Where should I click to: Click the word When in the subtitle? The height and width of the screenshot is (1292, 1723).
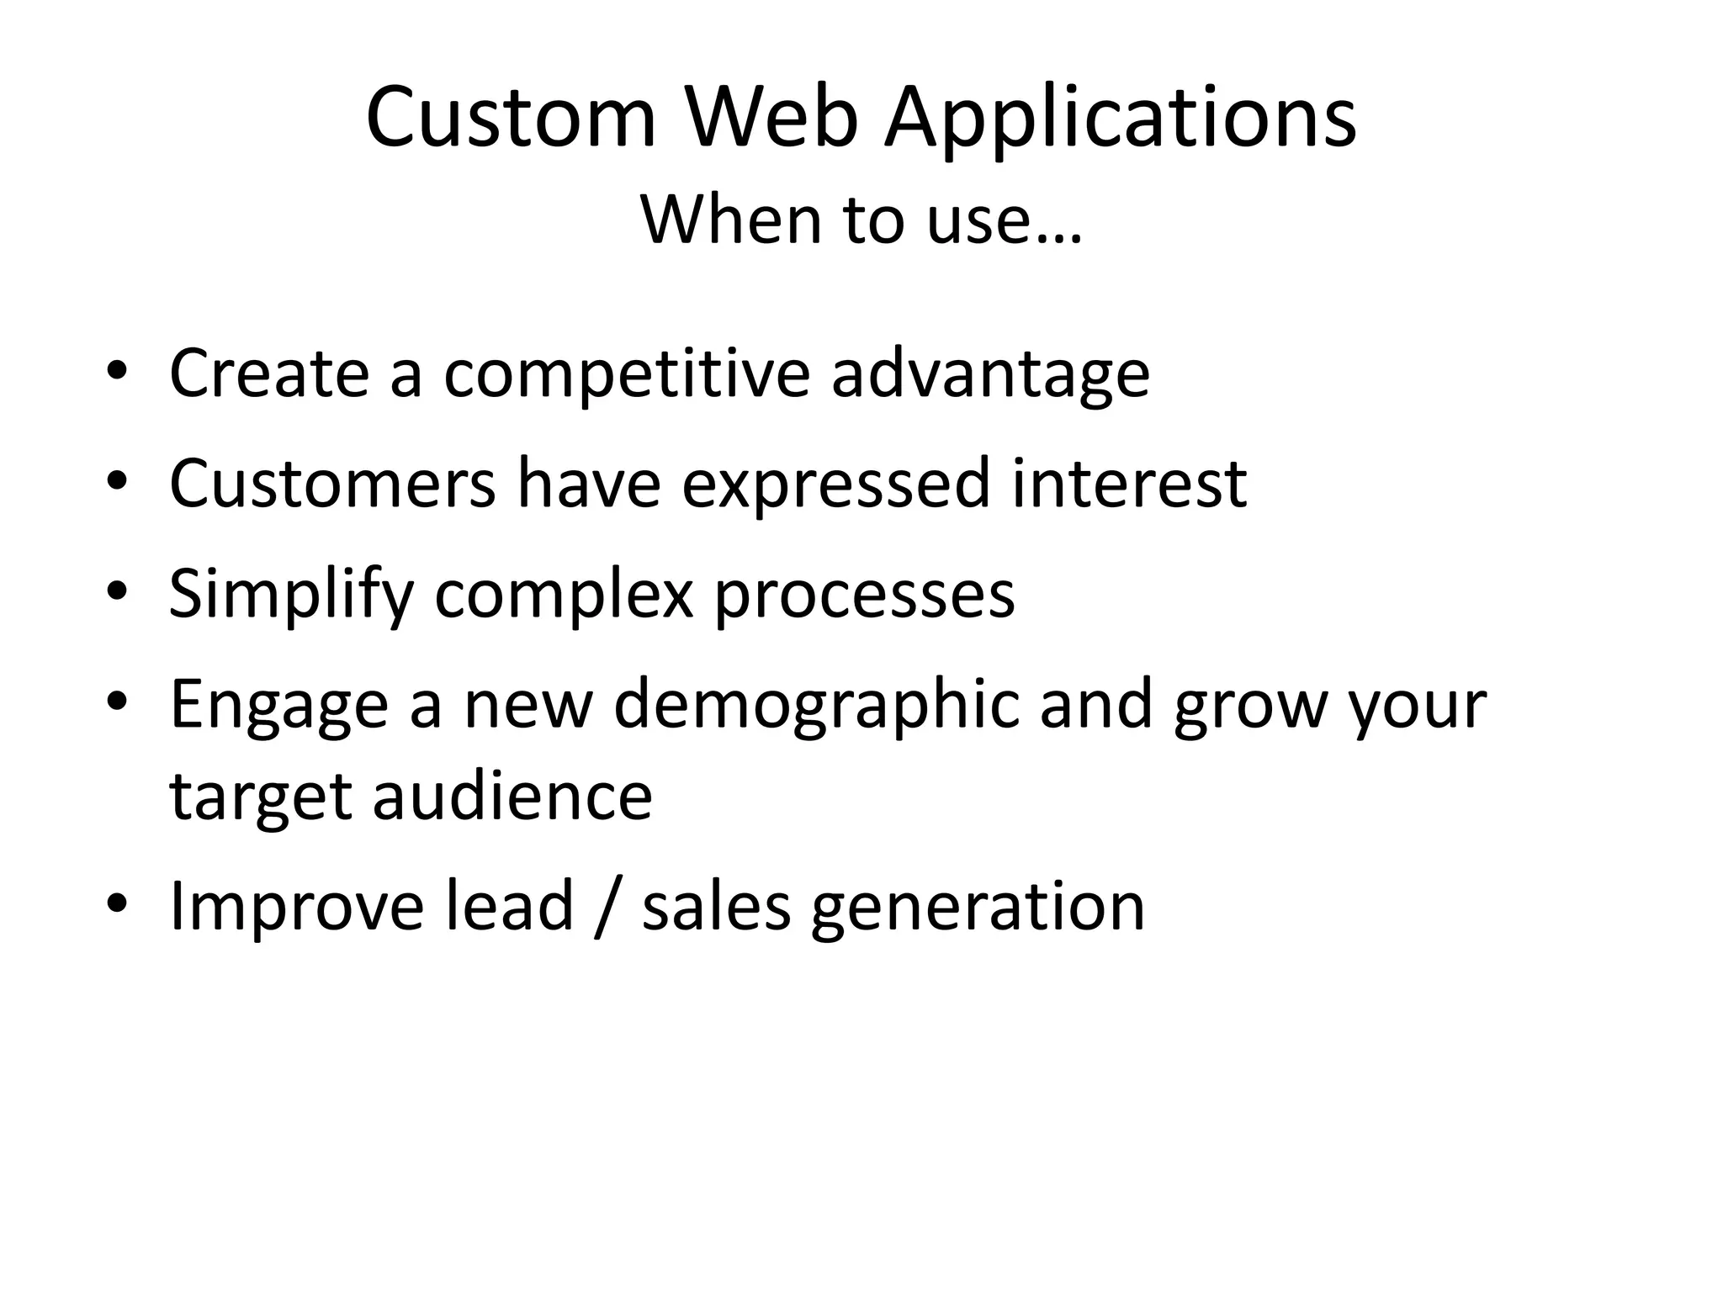731,220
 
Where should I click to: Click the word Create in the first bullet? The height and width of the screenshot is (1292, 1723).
269,373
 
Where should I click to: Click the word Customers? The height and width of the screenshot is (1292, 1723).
332,484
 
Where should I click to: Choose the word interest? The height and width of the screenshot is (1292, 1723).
1129,484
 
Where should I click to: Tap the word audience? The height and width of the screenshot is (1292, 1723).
512,796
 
